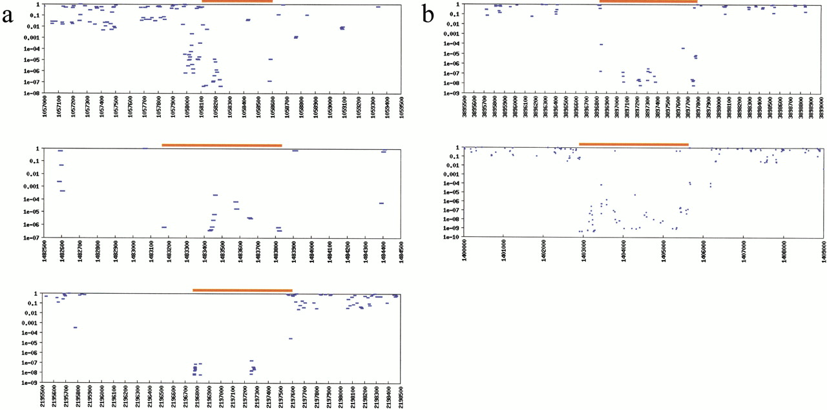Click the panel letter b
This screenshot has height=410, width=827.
point(429,15)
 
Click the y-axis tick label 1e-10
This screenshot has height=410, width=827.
point(450,237)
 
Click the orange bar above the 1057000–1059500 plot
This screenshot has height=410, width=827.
point(237,1)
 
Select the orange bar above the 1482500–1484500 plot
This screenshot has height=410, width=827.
point(222,145)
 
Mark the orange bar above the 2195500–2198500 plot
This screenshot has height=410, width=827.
point(242,291)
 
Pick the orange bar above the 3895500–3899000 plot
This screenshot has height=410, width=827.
point(648,1)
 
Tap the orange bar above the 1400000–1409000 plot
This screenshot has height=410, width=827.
point(633,144)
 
